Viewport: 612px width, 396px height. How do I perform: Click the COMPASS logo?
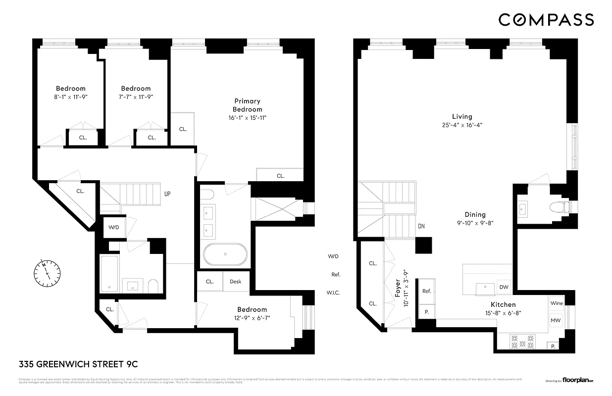pos(546,20)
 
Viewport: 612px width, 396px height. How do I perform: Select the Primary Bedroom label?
pos(248,105)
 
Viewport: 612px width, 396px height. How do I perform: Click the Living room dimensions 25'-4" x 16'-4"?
pos(461,125)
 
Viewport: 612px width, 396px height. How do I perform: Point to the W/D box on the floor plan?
pos(114,227)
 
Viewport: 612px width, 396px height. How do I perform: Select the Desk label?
pos(235,282)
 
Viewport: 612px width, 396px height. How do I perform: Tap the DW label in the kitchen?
pos(504,287)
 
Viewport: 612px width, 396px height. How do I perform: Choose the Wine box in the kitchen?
pos(557,303)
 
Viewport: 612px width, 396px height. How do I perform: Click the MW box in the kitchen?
pos(557,321)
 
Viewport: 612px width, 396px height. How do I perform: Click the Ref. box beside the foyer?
pos(426,292)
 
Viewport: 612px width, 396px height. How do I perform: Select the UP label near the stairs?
pos(168,194)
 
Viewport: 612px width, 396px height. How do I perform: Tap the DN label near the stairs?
pos(421,226)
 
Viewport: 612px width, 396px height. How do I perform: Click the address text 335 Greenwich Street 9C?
pos(78,364)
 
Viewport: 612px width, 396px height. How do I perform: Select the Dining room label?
pos(475,215)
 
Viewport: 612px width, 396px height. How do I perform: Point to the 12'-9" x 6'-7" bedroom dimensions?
pos(252,318)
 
